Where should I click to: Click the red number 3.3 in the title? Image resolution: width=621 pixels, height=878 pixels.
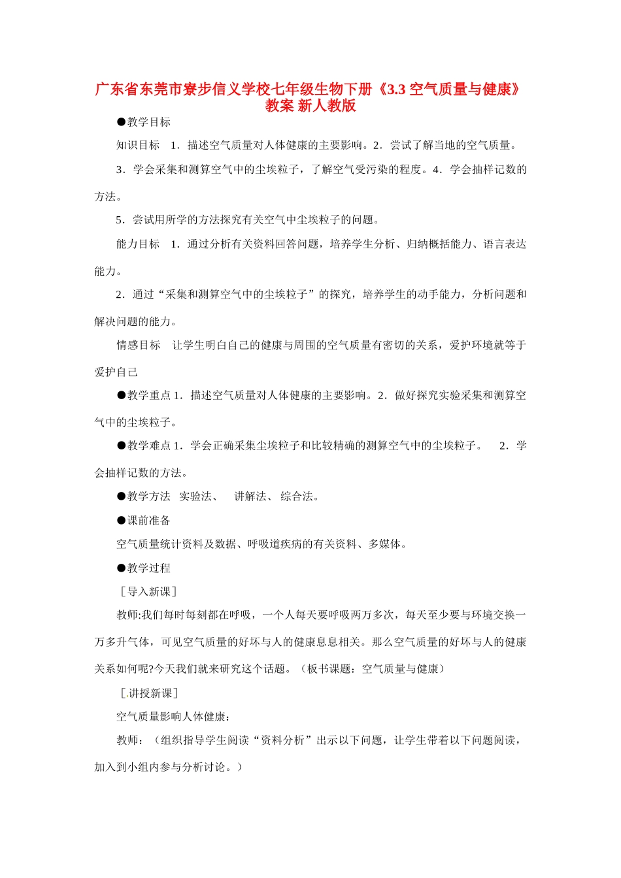click(396, 89)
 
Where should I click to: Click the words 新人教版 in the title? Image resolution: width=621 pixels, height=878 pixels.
click(327, 106)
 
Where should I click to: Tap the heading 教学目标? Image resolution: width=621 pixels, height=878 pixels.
click(149, 122)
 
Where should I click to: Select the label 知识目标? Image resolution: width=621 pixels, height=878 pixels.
click(138, 146)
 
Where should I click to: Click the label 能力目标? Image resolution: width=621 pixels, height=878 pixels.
click(138, 244)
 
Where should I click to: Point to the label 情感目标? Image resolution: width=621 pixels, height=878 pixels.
click(138, 346)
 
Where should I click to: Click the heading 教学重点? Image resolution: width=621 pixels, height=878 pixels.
click(149, 395)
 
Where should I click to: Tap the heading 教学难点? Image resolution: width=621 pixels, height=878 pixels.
click(149, 446)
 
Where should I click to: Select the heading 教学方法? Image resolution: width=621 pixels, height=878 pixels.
click(149, 496)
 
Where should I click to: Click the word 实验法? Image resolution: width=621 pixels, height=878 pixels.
click(195, 496)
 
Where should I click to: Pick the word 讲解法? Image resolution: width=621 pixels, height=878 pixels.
click(250, 496)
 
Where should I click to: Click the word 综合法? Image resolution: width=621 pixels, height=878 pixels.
click(297, 496)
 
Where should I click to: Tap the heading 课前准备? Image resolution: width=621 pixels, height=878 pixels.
click(149, 521)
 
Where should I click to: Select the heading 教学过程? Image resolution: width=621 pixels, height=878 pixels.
click(149, 568)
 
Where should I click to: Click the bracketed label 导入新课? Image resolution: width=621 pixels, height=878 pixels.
click(149, 592)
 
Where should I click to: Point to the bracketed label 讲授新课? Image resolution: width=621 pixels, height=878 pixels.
click(150, 693)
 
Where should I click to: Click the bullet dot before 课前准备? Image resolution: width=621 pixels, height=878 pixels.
click(121, 521)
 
